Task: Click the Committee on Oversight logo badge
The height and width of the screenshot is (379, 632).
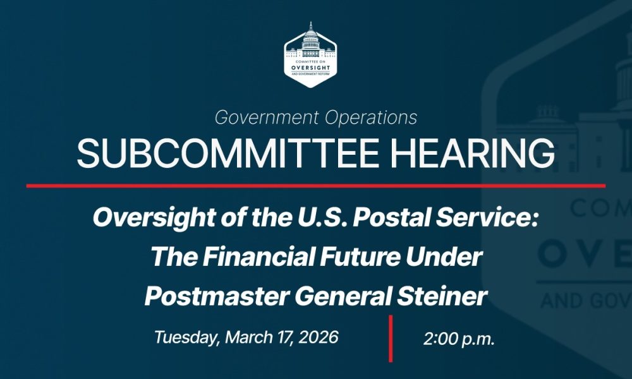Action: [310, 55]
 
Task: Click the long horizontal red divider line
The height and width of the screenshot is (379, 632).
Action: [315, 186]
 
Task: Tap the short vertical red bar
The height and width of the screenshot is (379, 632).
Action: [391, 339]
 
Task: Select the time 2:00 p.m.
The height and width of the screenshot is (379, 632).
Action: [459, 339]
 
